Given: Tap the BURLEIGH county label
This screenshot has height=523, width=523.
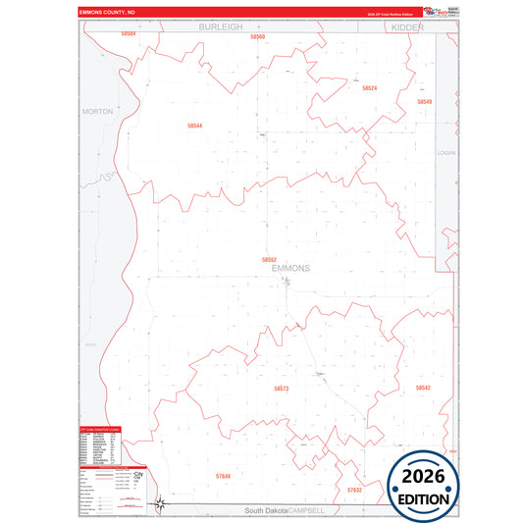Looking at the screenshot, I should click(220, 27).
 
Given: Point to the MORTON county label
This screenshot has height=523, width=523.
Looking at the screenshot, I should click(98, 112).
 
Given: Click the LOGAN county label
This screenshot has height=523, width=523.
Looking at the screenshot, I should click(446, 153).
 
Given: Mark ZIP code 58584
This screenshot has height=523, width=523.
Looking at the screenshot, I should click(129, 33).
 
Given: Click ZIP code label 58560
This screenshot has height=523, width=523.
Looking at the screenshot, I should click(257, 36).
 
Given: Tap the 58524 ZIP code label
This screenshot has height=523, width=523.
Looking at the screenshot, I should click(369, 88).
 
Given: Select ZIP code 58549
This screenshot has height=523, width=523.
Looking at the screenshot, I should click(424, 102).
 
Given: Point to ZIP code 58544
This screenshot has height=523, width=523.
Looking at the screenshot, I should click(194, 126).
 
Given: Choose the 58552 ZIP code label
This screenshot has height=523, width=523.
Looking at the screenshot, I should click(269, 259).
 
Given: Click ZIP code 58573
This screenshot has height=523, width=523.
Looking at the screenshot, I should click(282, 389).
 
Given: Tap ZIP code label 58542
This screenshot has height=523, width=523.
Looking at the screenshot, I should click(423, 388).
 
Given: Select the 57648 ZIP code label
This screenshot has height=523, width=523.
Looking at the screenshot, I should click(223, 476).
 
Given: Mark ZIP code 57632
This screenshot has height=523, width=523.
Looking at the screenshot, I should click(354, 489).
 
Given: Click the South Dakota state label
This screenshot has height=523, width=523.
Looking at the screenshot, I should click(273, 511).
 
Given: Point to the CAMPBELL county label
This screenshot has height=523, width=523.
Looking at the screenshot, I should click(323, 511).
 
